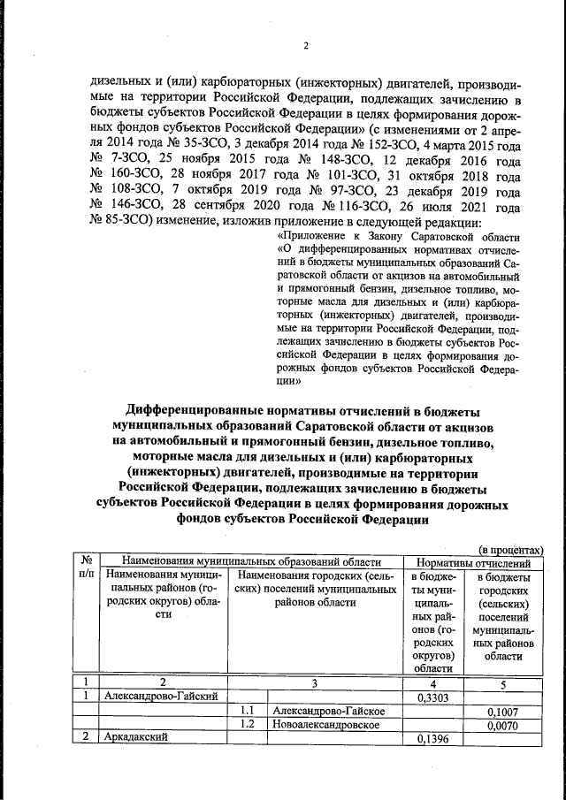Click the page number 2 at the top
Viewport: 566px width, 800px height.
coord(305,47)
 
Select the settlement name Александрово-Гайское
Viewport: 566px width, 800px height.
coord(327,712)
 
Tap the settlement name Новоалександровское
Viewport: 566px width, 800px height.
coord(326,725)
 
